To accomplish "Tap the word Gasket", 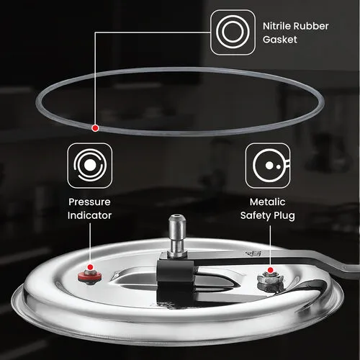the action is click(x=280, y=40).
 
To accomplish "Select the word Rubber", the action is click(x=311, y=26).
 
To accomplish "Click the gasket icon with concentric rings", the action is click(x=233, y=32).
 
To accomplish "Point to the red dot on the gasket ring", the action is click(x=95, y=128).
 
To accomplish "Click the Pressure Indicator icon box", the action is click(x=90, y=166).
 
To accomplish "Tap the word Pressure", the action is click(x=89, y=202).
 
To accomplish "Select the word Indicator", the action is click(x=89, y=215).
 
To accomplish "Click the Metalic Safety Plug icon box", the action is click(x=268, y=166).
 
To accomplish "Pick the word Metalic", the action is click(x=268, y=202).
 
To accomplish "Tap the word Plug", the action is click(x=284, y=216).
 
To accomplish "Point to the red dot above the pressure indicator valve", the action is click(x=90, y=267).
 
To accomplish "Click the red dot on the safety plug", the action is click(x=270, y=270).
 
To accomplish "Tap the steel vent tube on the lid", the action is click(x=177, y=236).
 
